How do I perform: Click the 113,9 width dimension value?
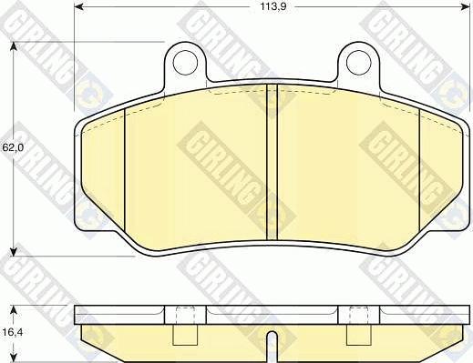coord(273,6)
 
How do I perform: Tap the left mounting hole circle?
coord(185,63)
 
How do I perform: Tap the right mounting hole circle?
coord(359,63)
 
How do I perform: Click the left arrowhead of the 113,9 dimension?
coord(78,6)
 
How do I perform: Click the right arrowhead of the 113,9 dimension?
coord(465,6)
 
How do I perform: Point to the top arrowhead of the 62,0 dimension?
coord(13,46)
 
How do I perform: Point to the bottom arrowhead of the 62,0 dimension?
coord(13,252)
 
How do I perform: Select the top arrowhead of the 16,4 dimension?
coord(13,310)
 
